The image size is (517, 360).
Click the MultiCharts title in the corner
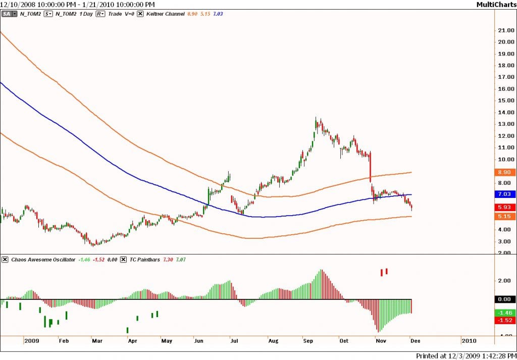click(x=495, y=5)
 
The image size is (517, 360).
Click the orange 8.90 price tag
click(x=505, y=172)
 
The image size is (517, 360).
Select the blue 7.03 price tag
click(x=505, y=194)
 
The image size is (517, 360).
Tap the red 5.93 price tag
click(x=505, y=207)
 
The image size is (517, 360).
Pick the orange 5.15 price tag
click(x=505, y=216)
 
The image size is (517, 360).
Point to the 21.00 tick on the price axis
click(x=505, y=30)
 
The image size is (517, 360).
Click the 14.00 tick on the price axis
click(x=505, y=112)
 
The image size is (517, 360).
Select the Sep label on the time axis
click(x=308, y=341)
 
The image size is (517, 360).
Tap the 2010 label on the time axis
click(x=468, y=341)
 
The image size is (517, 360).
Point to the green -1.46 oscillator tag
click(x=505, y=313)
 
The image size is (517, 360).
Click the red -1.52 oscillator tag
click(x=505, y=321)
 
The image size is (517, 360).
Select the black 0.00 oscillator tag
click(x=505, y=299)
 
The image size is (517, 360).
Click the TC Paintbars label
click(x=145, y=260)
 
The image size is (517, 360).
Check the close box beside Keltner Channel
click(x=140, y=14)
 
